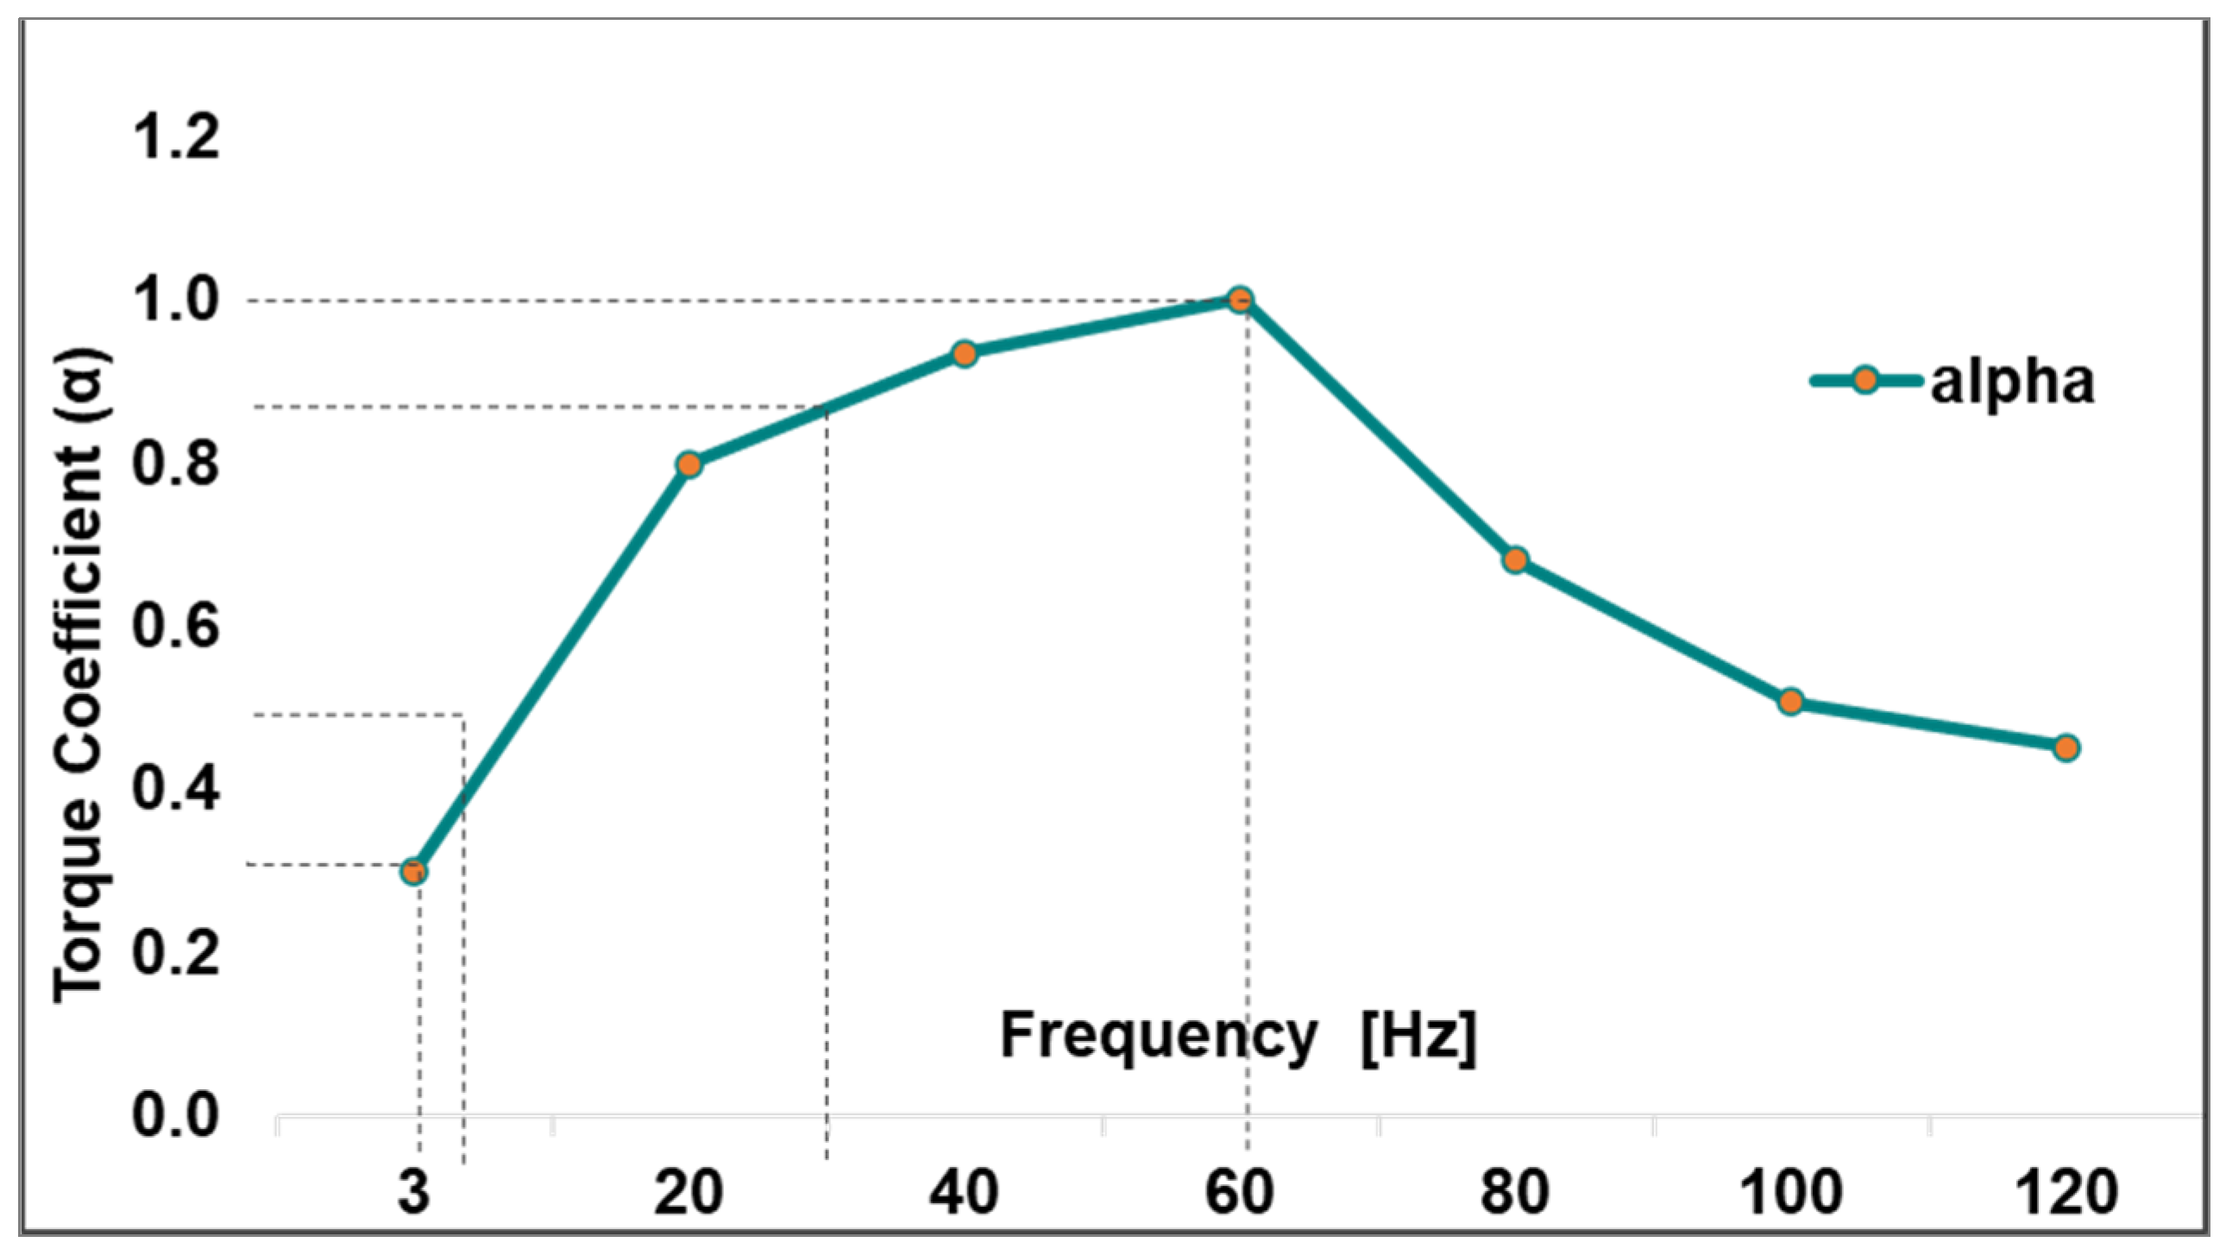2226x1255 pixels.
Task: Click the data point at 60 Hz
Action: [1240, 300]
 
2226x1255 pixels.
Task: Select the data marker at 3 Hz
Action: [414, 871]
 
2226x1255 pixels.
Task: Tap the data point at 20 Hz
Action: [689, 464]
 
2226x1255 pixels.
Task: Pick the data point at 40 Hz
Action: [965, 354]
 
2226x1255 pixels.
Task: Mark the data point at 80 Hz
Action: [1515, 560]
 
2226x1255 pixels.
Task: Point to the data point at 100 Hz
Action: [1790, 701]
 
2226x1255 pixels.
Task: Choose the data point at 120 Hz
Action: [2066, 747]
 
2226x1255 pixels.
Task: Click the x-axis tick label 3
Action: [414, 1192]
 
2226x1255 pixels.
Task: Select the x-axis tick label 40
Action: [965, 1192]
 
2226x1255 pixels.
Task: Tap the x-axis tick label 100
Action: [1790, 1192]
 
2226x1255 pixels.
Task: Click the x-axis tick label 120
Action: [2066, 1192]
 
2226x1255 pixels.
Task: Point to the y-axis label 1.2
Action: [175, 137]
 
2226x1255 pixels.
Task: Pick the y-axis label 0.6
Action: [175, 626]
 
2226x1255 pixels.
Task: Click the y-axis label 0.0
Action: [175, 1114]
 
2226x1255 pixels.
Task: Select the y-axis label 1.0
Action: [175, 300]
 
